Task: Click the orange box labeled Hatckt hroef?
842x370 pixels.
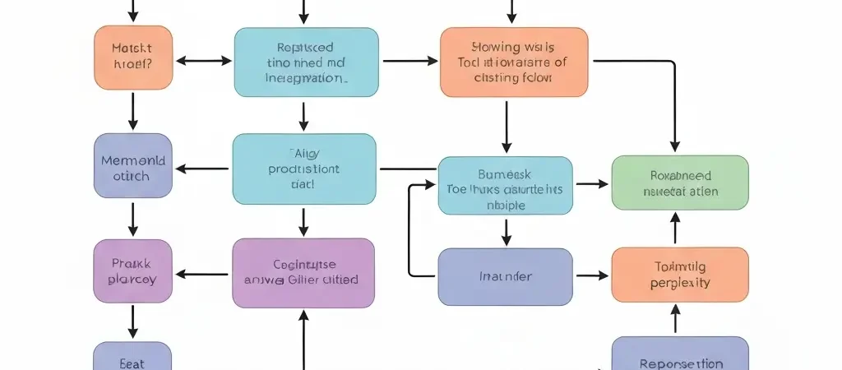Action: coord(133,57)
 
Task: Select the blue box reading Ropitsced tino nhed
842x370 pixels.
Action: coord(306,62)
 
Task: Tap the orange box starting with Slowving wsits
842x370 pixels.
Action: coord(514,62)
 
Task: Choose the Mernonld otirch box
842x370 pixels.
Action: coord(133,165)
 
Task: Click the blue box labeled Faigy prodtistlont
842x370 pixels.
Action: coord(304,169)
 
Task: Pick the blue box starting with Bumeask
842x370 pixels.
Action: coord(505,186)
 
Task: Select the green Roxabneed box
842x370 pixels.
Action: coord(680,183)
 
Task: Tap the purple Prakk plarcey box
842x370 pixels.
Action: coord(133,271)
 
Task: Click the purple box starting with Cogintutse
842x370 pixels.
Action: coord(303,272)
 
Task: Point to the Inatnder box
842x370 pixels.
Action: coord(505,277)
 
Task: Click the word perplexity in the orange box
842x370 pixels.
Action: coord(680,283)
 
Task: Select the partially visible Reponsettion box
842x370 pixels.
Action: coord(680,357)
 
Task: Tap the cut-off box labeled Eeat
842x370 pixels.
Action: coord(132,358)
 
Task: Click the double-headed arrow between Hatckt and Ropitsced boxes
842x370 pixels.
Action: coord(204,60)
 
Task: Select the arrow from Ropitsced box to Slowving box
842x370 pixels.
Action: coord(409,60)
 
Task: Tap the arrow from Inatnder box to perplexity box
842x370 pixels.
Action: coord(592,277)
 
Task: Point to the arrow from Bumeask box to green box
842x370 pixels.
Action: coord(592,183)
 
